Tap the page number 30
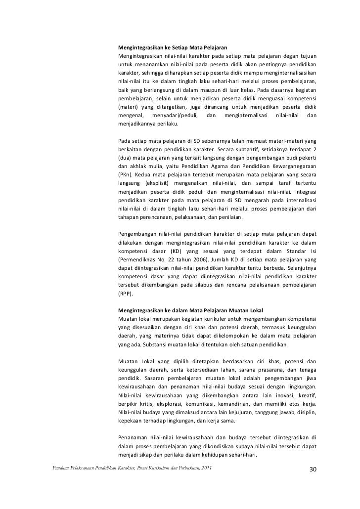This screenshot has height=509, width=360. click(x=312, y=469)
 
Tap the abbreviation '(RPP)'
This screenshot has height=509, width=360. click(x=126, y=293)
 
